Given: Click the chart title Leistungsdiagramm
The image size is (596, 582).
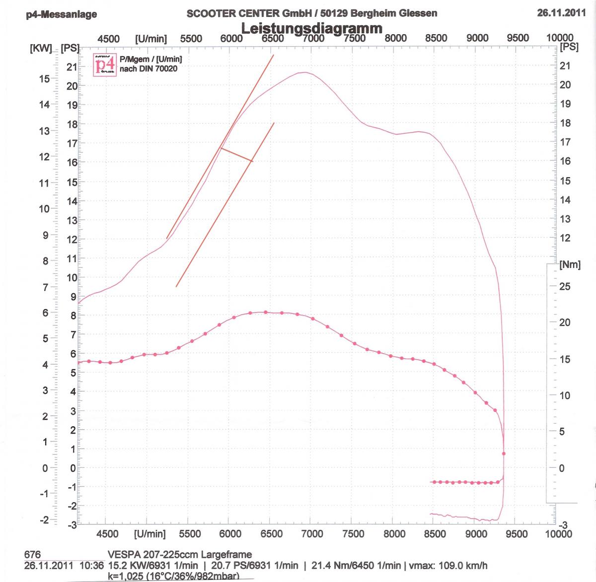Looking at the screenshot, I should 311,28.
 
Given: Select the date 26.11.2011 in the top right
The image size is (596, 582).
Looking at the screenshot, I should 561,13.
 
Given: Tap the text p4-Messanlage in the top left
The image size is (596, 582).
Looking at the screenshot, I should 62,14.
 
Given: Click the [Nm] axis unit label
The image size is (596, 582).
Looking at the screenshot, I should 570,264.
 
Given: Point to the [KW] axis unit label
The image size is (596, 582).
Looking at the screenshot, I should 41,49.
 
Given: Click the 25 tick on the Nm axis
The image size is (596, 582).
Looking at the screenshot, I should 565,286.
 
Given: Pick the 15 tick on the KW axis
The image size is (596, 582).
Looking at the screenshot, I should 45,78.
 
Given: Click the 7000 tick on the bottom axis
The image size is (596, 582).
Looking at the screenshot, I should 312,534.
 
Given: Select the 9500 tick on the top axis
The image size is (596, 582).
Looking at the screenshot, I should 518,38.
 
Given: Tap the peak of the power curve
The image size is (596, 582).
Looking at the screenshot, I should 304,72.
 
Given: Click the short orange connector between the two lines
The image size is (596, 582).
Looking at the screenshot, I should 236,154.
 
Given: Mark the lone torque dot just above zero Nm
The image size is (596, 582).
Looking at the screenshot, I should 504,453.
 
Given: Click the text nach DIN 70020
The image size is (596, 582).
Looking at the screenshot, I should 149,68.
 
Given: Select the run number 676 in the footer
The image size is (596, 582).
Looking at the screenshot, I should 32,555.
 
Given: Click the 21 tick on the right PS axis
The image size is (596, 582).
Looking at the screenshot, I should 565,65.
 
